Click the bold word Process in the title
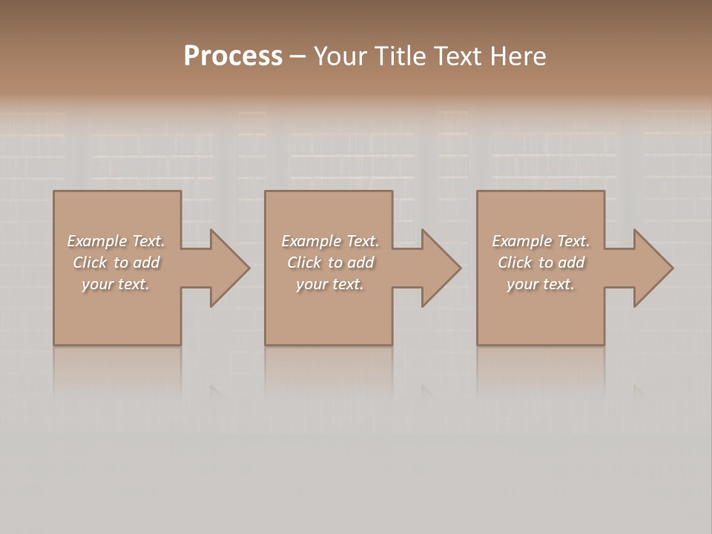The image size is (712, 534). coord(233,56)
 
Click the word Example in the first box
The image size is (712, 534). coord(96,241)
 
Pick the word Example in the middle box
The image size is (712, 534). coord(311,241)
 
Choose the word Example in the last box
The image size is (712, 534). coord(521,241)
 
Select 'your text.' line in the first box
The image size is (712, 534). coord(115,284)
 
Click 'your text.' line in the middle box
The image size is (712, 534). coord(329,284)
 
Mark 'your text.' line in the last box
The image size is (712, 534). coord(540,284)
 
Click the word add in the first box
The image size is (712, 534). coord(146,263)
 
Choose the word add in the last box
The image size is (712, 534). coord(571,263)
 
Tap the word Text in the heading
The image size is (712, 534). coord(458,56)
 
